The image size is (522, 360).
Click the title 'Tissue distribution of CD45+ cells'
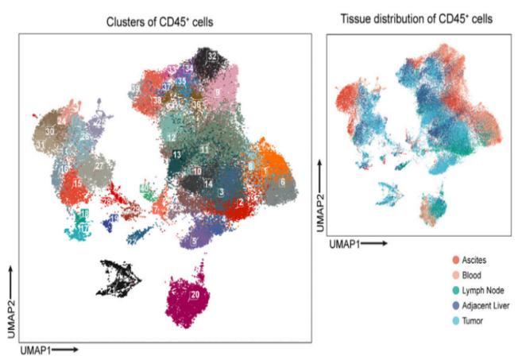click(x=419, y=18)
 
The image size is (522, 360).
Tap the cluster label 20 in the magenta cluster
click(x=195, y=295)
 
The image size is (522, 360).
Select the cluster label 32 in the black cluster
click(x=212, y=56)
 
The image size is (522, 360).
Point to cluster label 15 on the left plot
click(x=78, y=184)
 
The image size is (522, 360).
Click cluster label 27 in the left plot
click(x=100, y=165)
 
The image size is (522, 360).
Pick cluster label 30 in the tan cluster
click(x=50, y=130)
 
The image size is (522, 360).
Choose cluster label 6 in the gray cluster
click(x=282, y=181)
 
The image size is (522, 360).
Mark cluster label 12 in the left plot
click(x=172, y=138)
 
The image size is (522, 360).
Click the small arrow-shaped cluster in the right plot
click(x=392, y=193)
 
